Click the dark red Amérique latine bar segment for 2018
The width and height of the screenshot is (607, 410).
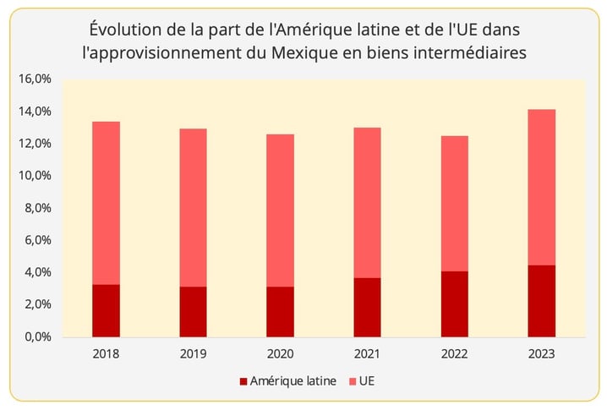tap(106, 310)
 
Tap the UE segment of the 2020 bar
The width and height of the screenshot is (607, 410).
tap(280, 210)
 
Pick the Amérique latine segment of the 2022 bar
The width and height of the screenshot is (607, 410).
tap(454, 303)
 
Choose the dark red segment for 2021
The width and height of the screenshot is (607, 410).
tap(367, 307)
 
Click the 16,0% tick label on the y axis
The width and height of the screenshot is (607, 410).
tap(35, 79)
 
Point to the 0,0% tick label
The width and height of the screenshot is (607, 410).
tap(37, 336)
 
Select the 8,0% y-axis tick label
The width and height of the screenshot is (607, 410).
tap(37, 208)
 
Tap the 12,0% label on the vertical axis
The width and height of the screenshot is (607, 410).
tap(35, 144)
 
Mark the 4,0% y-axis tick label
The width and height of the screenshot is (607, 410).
tap(37, 272)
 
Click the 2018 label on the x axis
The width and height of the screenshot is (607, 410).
tap(106, 353)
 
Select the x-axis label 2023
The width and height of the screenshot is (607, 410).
tap(541, 353)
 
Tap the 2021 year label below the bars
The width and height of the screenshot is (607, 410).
tap(367, 353)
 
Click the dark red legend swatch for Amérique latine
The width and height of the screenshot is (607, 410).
tap(244, 381)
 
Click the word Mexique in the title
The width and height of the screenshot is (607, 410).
tap(316, 52)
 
